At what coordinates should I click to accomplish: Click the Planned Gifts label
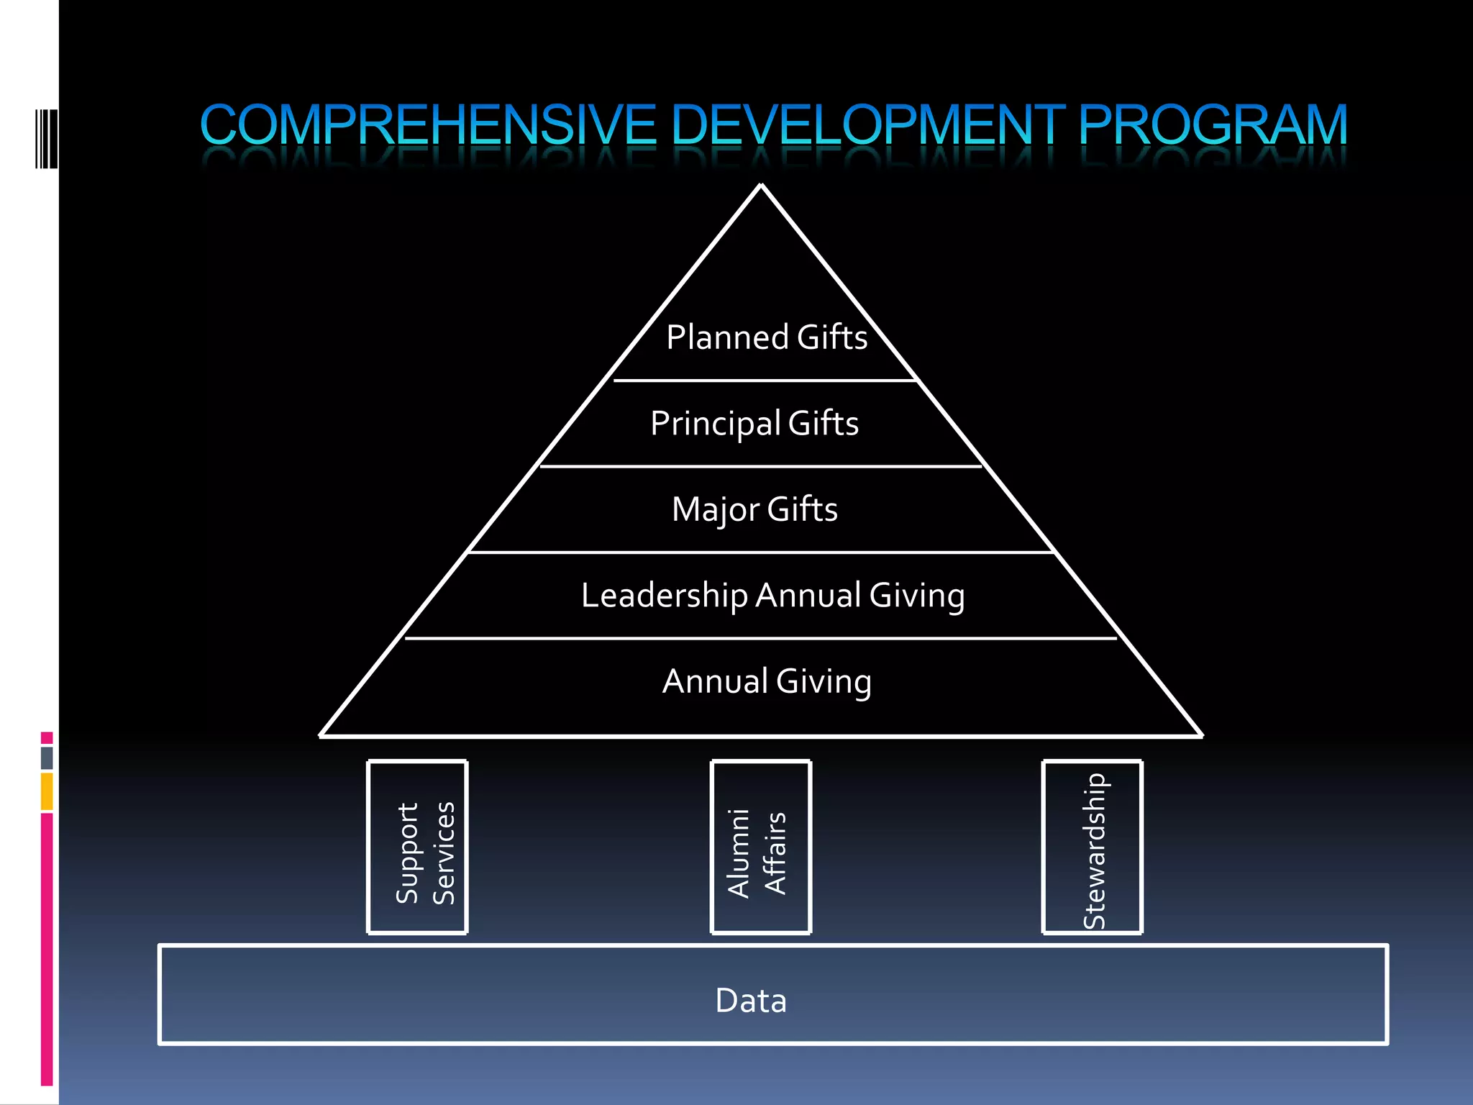tap(767, 337)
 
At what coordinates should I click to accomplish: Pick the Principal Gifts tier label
tap(754, 423)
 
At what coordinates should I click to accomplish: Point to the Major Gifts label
tap(754, 509)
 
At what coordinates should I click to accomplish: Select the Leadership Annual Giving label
tap(772, 596)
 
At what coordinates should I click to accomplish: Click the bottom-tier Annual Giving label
tap(767, 681)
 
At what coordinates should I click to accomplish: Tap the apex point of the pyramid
tap(761, 186)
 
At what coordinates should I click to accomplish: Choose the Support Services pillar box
tap(417, 847)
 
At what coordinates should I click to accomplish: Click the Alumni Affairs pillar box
tap(761, 847)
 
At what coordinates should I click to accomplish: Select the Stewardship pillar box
tap(1093, 847)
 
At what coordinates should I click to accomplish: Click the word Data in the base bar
tap(751, 1000)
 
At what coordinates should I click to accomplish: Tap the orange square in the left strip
tap(47, 791)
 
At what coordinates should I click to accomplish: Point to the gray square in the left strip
tap(47, 758)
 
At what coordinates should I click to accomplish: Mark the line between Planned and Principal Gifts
tap(765, 380)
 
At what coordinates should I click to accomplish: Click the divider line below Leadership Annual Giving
tap(761, 638)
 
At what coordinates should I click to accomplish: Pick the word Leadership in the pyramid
tap(664, 596)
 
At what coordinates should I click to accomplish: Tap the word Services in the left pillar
tap(444, 852)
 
